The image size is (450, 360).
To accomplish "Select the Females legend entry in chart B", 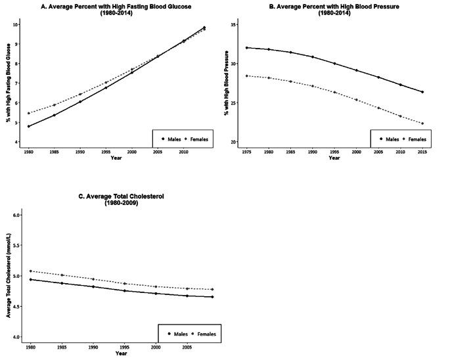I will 415,139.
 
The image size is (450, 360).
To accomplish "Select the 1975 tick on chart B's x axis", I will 246,150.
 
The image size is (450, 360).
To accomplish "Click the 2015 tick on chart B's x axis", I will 422,150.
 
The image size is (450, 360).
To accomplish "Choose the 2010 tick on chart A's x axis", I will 183,150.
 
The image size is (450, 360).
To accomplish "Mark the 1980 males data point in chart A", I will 29,126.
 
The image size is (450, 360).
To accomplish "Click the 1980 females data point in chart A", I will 29,113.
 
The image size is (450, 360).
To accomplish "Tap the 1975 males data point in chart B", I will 246,47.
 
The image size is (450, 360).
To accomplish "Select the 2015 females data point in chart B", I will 422,124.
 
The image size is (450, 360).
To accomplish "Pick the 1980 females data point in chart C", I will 30,271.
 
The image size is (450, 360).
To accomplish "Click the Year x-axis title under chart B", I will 334,158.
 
